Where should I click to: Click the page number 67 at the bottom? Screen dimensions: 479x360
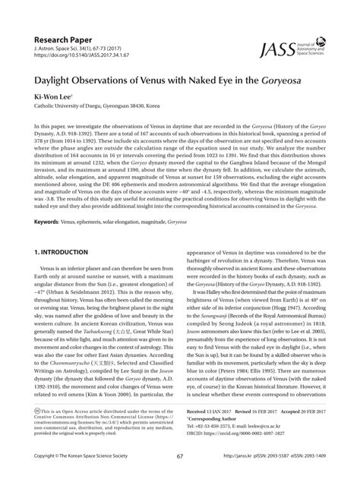(180, 456)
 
